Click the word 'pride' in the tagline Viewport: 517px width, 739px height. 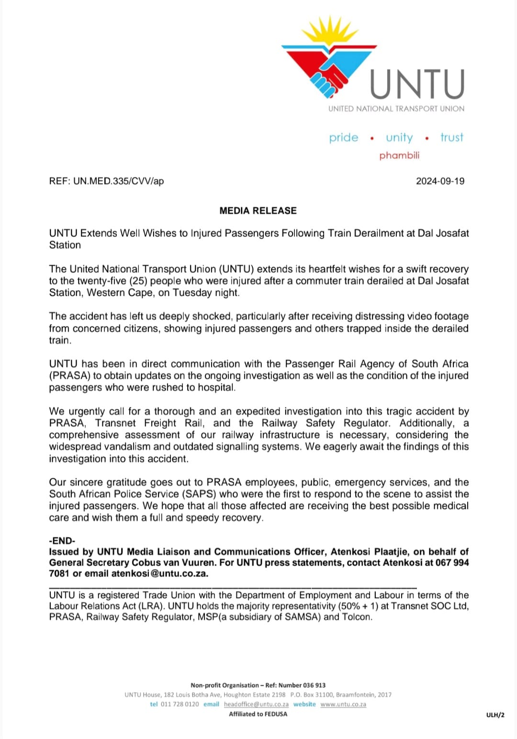(x=343, y=138)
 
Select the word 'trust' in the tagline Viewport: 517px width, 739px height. (x=451, y=138)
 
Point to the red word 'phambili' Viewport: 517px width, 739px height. (x=399, y=155)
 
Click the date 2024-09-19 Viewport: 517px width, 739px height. (x=440, y=181)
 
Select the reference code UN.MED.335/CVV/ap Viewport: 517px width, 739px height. (x=118, y=181)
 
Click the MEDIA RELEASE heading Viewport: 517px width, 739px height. (x=258, y=211)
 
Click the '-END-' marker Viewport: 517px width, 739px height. (x=62, y=541)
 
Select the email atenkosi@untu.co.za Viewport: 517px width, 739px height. (x=159, y=574)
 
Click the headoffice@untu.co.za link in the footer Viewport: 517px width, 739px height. (x=256, y=704)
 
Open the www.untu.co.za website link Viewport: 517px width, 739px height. (x=343, y=704)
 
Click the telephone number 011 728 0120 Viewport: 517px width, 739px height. (x=180, y=704)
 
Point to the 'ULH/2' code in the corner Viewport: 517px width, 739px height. (x=495, y=715)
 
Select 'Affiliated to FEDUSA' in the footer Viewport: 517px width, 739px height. (x=258, y=714)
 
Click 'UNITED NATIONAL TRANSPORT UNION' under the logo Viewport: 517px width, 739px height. (x=396, y=109)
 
